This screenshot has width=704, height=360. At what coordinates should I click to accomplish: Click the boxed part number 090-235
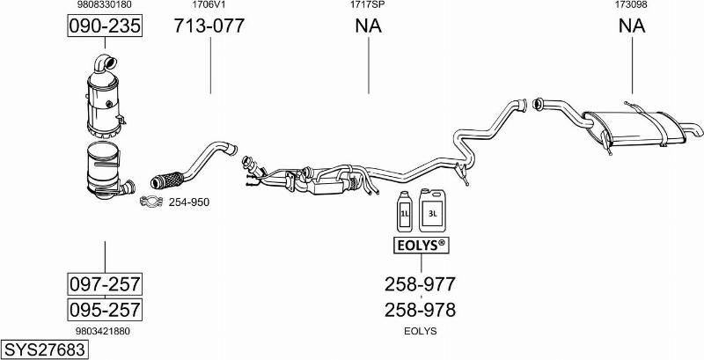pos(105,26)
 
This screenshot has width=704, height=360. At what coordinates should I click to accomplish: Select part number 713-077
pos(209,26)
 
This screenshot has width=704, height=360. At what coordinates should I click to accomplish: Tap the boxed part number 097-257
pos(105,283)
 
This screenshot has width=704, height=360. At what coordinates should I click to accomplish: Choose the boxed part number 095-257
pos(105,310)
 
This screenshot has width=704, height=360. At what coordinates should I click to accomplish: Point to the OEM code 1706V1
pos(209,4)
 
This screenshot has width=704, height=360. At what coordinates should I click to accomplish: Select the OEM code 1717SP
pos(368,4)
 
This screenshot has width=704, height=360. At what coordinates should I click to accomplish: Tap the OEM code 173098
pos(631,4)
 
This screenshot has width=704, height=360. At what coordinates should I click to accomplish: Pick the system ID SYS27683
pos(45,349)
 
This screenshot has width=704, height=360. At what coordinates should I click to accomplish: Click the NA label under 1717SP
pos(369,26)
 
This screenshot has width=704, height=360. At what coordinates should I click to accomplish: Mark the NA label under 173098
pos(632,26)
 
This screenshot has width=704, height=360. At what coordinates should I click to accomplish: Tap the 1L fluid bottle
pos(404,211)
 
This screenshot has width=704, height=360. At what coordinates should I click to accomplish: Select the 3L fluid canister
pos(432,210)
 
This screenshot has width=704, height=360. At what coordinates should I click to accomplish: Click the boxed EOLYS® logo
pos(422,245)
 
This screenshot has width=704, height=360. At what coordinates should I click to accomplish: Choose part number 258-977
pos(421,283)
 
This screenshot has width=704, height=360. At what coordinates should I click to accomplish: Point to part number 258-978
pos(421,310)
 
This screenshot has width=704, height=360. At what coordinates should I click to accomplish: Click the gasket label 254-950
pos(189,202)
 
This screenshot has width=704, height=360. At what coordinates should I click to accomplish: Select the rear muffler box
pos(636,129)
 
